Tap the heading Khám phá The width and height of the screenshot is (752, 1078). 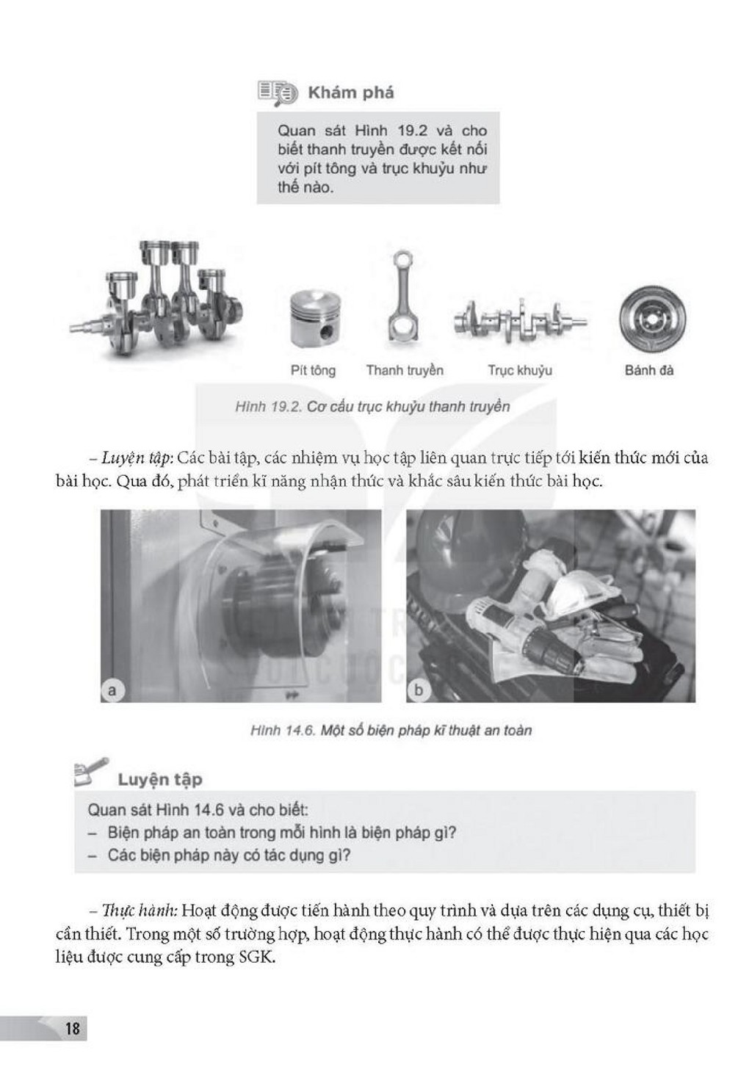(351, 93)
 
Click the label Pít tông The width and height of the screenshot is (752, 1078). (313, 371)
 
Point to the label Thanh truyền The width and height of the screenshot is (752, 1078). (405, 370)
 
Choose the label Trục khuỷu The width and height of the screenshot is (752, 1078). (520, 371)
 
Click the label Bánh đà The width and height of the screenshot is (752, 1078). (649, 370)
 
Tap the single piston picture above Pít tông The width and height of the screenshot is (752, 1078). (316, 318)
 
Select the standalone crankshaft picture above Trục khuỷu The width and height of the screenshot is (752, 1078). (520, 320)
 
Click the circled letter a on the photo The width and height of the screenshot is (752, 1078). (112, 690)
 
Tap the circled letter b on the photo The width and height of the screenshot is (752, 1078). (418, 690)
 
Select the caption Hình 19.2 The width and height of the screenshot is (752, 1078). (268, 407)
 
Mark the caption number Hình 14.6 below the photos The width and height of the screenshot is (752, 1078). (283, 731)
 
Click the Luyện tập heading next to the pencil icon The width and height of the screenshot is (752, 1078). (160, 780)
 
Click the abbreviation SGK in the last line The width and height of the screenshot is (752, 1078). (257, 957)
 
